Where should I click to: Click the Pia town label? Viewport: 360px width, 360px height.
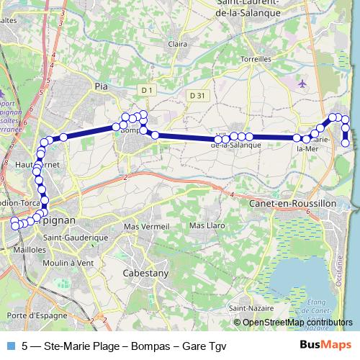(x=101, y=85)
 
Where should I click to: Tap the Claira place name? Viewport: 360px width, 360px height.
(x=176, y=44)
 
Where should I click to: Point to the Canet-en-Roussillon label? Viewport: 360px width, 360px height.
(x=292, y=204)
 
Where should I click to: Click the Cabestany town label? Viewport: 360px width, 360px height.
(x=145, y=274)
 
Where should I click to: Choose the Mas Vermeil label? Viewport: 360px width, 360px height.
(x=142, y=226)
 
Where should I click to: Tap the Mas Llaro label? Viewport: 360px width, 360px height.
(x=204, y=225)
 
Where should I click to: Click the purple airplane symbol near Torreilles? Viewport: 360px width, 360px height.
(x=302, y=84)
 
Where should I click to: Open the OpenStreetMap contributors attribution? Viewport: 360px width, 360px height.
(x=296, y=323)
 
